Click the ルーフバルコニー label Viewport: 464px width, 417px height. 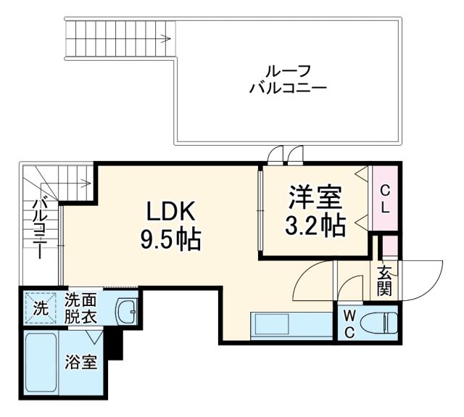pyautogui.click(x=288, y=80)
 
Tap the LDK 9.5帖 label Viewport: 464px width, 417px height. pyautogui.click(x=170, y=224)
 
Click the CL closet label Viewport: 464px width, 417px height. pyautogui.click(x=385, y=198)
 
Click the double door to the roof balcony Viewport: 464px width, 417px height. pyautogui.click(x=284, y=154)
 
